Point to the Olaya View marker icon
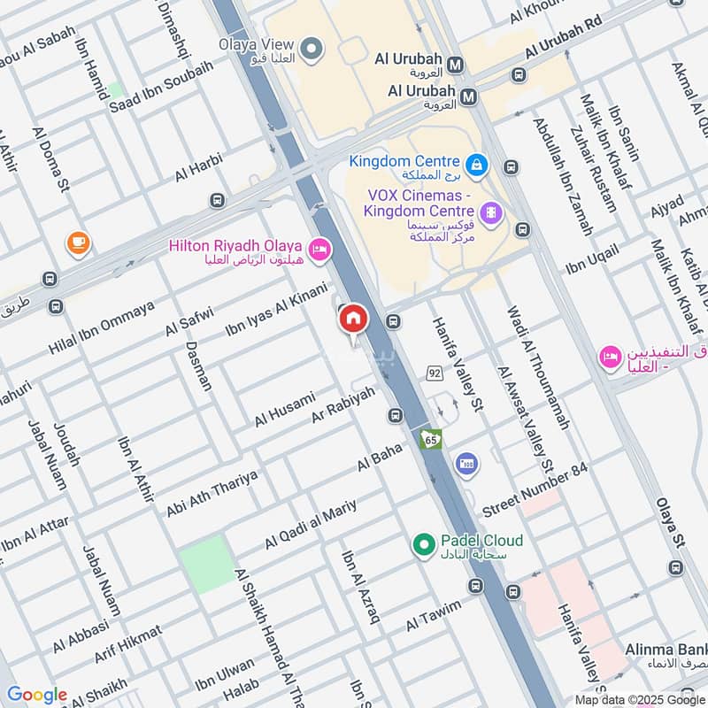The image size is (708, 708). coord(311,50)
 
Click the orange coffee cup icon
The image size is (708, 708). coord(78,242)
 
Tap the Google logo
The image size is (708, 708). coord(37,696)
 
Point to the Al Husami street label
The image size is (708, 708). coord(284,409)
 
